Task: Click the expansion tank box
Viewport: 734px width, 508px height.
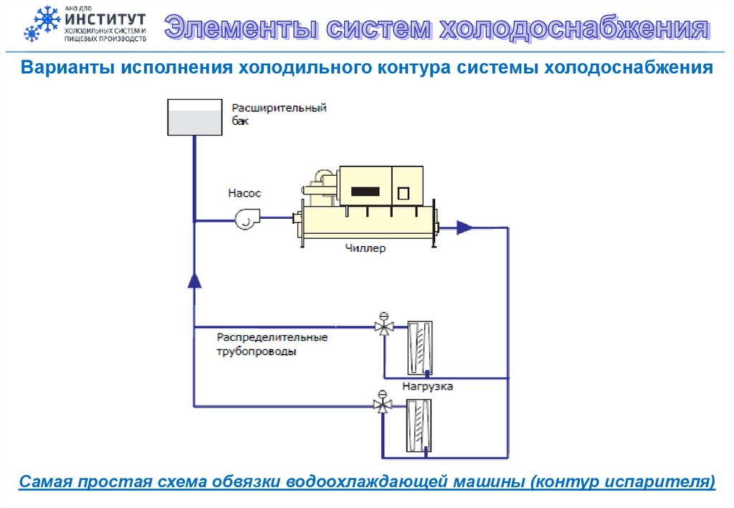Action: [x=194, y=117]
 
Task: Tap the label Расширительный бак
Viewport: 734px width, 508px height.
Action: [x=278, y=114]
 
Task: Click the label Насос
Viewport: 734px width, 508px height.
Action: [x=244, y=193]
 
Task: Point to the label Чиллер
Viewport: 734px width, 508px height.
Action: [x=365, y=249]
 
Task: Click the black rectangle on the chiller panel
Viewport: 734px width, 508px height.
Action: [x=365, y=192]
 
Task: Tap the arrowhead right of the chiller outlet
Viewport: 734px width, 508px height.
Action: [x=465, y=228]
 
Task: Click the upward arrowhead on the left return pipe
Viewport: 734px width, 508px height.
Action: [x=194, y=280]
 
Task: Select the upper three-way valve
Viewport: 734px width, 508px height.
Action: [x=383, y=327]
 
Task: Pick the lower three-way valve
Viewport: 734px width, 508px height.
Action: [x=383, y=405]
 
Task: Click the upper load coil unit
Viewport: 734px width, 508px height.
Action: [x=419, y=347]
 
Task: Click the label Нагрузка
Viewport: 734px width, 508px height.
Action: [x=427, y=386]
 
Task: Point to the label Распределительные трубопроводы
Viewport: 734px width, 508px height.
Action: [x=272, y=344]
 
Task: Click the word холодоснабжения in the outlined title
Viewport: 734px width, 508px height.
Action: [x=574, y=29]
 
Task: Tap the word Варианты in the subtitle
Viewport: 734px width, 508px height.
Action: [x=65, y=68]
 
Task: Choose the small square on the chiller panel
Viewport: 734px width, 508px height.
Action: [x=403, y=193]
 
